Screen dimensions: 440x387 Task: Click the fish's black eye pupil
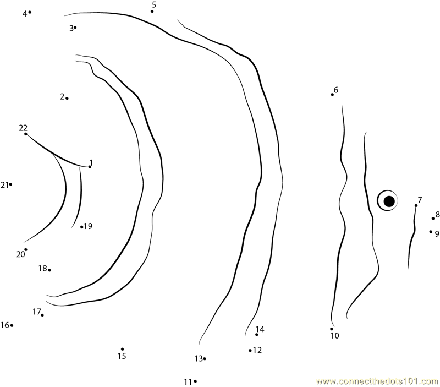tap(389, 201)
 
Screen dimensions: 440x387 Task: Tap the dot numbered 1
tap(90, 167)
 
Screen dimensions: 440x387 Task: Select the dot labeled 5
tap(152, 11)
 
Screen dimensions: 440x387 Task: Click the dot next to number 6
tap(332, 95)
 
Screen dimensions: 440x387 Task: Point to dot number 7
tap(416, 205)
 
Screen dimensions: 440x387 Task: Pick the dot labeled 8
tap(433, 218)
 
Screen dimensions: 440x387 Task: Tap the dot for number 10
tap(332, 329)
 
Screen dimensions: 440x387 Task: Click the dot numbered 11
tap(195, 381)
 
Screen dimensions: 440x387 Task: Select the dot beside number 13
tap(205, 358)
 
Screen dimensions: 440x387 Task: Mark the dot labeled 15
tap(122, 349)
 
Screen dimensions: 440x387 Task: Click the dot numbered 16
tap(12, 325)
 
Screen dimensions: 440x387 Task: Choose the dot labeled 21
tap(10, 184)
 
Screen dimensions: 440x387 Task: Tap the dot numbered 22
tap(26, 134)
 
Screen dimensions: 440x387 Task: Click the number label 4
tap(25, 13)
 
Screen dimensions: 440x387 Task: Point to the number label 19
tap(88, 226)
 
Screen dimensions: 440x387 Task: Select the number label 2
tap(62, 96)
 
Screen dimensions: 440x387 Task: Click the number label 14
tap(260, 329)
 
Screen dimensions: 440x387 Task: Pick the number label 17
tap(37, 312)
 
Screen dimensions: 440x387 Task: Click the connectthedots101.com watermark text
tap(377, 381)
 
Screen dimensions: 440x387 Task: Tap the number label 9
tap(437, 233)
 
